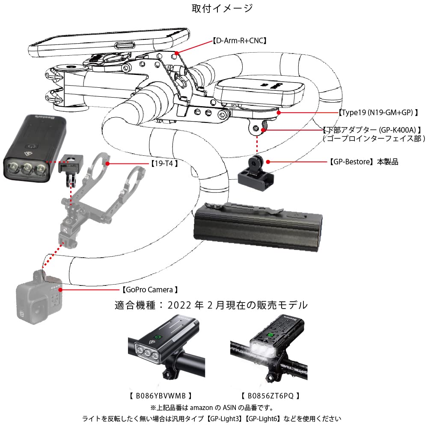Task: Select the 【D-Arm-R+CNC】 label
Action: (240, 41)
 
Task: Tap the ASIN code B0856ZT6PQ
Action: (270, 395)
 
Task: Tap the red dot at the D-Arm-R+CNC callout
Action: (177, 53)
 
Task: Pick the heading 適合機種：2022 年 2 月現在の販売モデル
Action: (211, 306)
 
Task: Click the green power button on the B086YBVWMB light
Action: (158, 336)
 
